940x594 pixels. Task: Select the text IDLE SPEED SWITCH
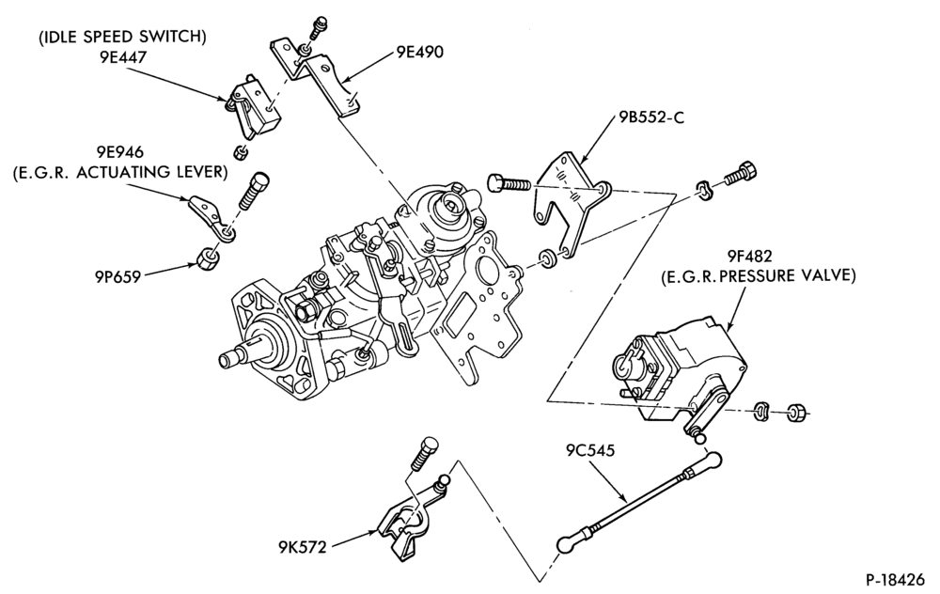[122, 38]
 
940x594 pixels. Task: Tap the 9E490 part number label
[419, 52]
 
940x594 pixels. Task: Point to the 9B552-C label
[651, 117]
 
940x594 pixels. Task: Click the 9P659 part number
[117, 277]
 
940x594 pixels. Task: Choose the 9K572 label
[302, 547]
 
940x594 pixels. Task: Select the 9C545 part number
[590, 450]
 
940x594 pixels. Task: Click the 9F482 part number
[750, 257]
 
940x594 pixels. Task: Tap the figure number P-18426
[895, 580]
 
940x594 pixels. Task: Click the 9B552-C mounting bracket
[570, 201]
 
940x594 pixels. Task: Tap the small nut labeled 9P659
[208, 258]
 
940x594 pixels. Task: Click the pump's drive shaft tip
[226, 360]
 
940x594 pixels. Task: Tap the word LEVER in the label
[204, 172]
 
